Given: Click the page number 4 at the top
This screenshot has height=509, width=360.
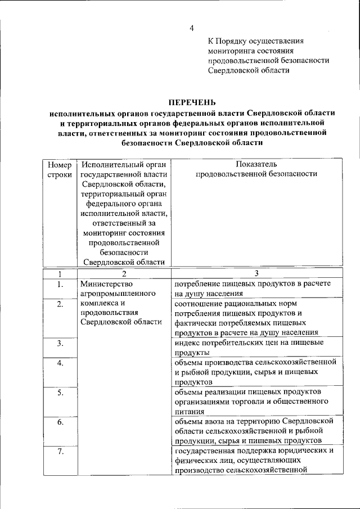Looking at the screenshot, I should [x=191, y=28].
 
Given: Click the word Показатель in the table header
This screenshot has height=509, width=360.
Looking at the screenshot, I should [x=256, y=164].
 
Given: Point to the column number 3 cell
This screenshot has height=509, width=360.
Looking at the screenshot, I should [x=256, y=273].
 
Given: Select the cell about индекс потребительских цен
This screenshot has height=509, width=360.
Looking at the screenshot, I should [x=256, y=347].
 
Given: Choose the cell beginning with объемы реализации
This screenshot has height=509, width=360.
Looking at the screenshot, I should [x=256, y=401].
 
